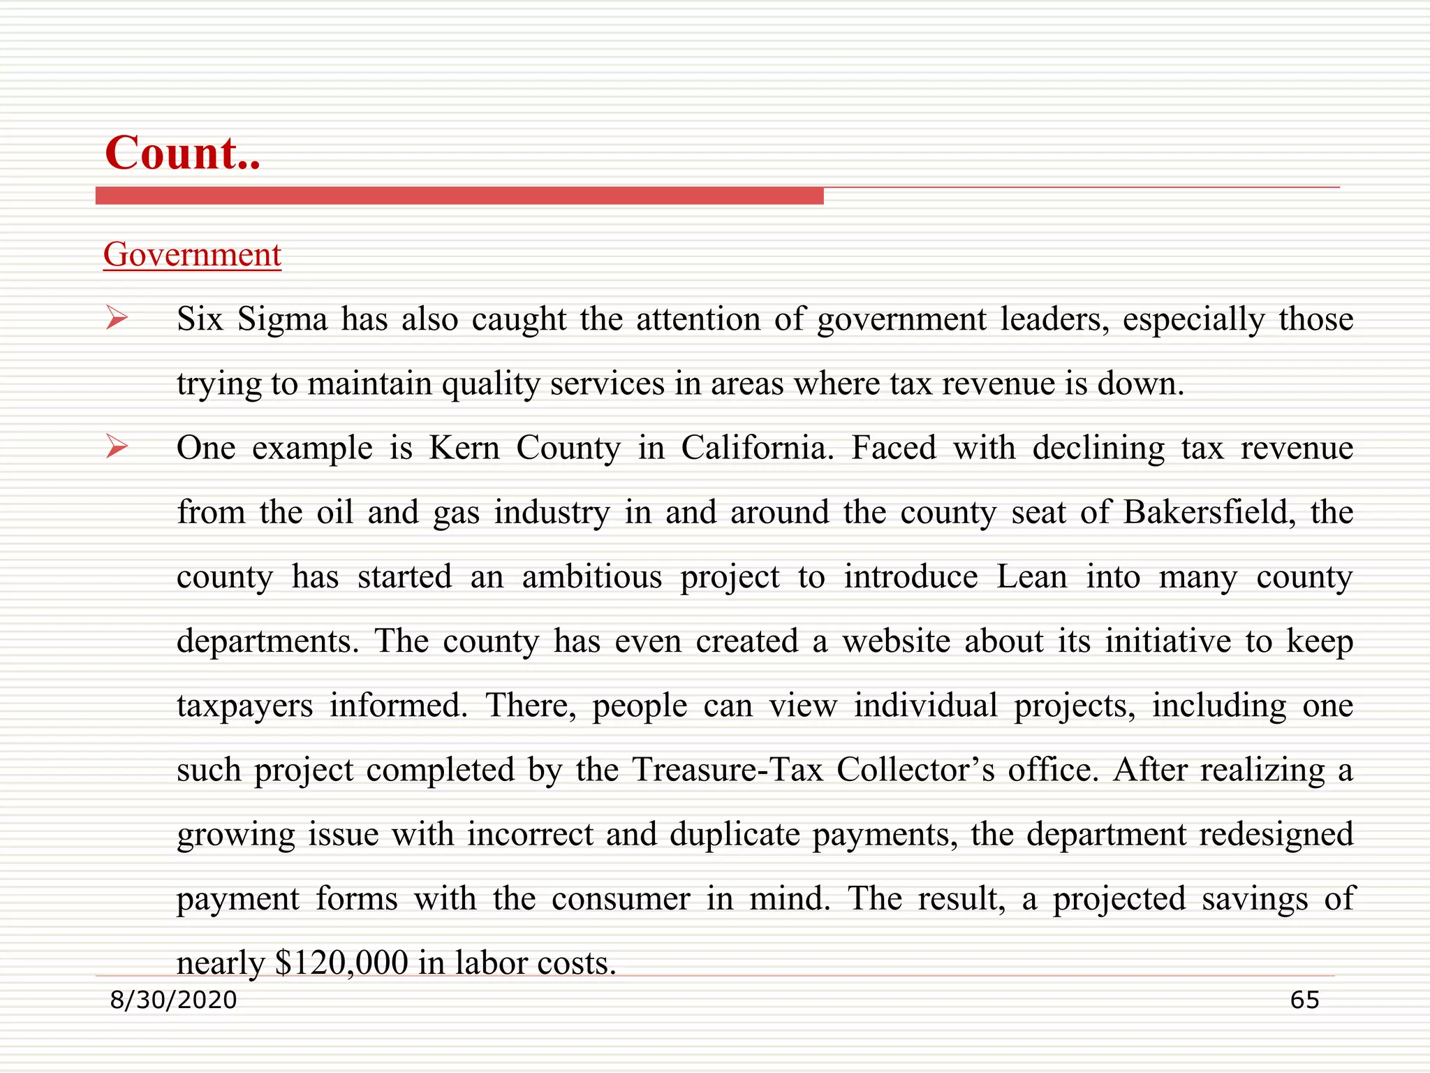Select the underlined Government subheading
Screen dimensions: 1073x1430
click(x=192, y=254)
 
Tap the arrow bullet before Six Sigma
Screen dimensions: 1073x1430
click(x=117, y=319)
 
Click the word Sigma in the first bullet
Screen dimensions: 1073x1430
click(x=282, y=320)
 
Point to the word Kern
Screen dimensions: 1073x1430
click(x=464, y=448)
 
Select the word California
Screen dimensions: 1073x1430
click(x=757, y=448)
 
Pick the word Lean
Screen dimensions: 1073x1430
click(x=1032, y=577)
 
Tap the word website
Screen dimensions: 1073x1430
click(x=896, y=641)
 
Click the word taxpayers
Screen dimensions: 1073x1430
click(x=244, y=706)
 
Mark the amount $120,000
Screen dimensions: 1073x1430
click(x=341, y=963)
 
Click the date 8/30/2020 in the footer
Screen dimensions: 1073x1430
click(x=174, y=1000)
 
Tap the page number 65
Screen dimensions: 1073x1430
click(x=1304, y=1000)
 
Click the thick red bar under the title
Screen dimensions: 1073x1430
click(x=459, y=196)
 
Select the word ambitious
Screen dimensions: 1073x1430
click(x=592, y=577)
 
